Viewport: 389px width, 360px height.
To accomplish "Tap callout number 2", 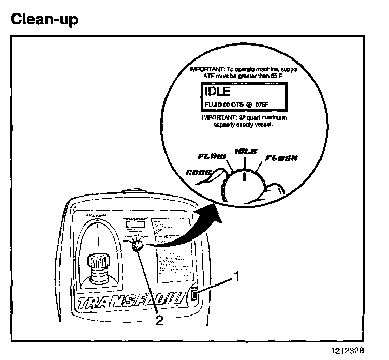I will pyautogui.click(x=159, y=321).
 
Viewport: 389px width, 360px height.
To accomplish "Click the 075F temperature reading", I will pyautogui.click(x=262, y=106).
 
